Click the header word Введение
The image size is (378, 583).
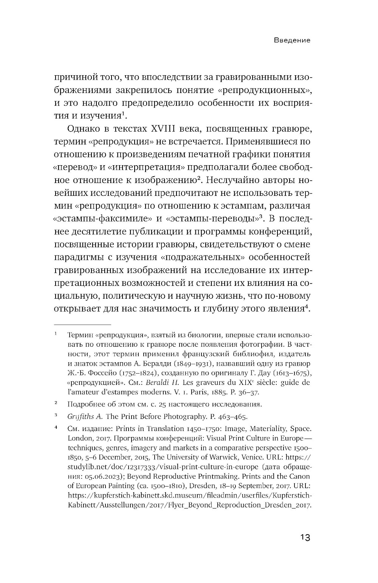[x=292, y=40]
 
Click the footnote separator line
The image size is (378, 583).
[x=83, y=324]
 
